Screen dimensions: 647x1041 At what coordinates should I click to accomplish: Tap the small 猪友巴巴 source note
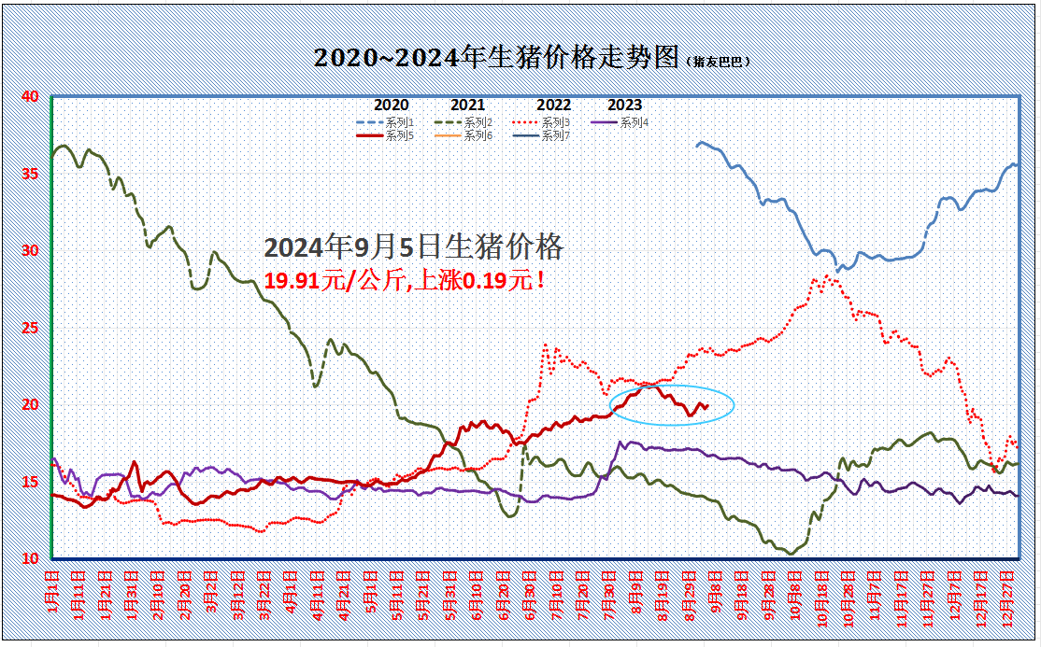(x=720, y=62)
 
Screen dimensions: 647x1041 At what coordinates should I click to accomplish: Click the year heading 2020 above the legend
(x=391, y=105)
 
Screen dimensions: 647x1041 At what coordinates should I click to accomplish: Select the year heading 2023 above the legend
(x=625, y=105)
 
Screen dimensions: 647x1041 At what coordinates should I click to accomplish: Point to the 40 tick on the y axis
(x=30, y=96)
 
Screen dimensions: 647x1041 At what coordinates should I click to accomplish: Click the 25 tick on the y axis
(x=30, y=328)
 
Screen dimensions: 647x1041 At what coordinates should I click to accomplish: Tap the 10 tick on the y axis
(x=30, y=558)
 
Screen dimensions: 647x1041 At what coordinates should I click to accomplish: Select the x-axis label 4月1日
(x=292, y=593)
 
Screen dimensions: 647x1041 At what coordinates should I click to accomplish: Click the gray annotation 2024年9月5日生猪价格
(x=414, y=247)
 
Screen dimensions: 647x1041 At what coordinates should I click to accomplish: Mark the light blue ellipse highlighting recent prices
(x=672, y=405)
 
